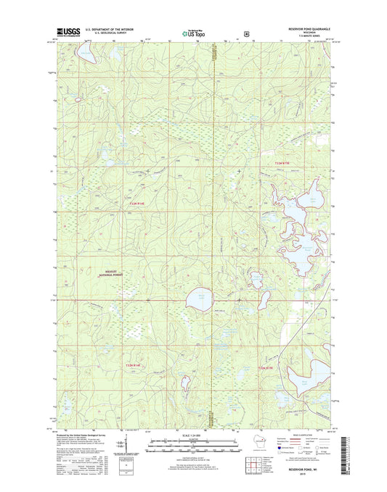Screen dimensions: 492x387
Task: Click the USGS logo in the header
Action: point(68,33)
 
